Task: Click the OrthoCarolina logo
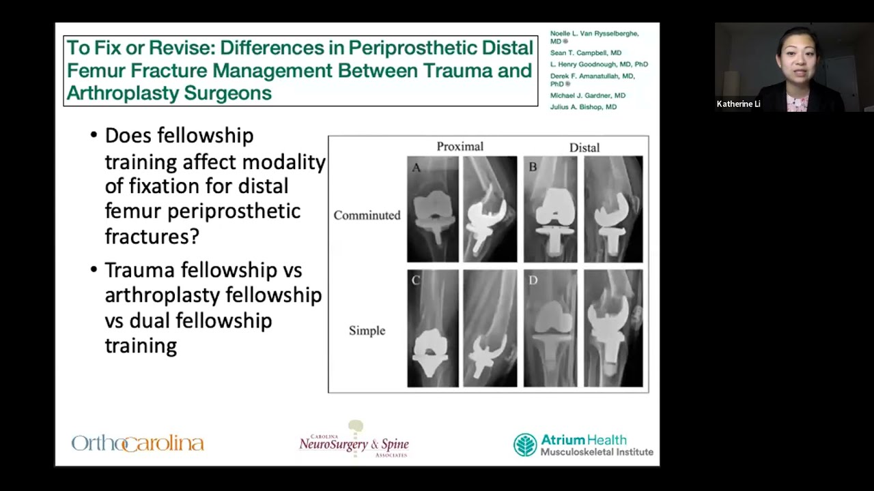(137, 443)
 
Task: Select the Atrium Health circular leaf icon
(525, 445)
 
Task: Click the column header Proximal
(460, 147)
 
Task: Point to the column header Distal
(584, 147)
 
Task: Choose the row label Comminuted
(367, 215)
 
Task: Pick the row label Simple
(367, 331)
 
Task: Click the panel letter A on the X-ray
(416, 167)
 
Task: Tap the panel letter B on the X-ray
(533, 166)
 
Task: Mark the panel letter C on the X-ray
(415, 280)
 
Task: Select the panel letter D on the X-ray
(533, 280)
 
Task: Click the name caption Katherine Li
(738, 104)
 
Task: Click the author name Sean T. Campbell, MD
(585, 53)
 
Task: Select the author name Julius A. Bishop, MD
(583, 107)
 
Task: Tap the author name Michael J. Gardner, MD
(587, 95)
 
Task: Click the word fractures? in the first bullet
(152, 236)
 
